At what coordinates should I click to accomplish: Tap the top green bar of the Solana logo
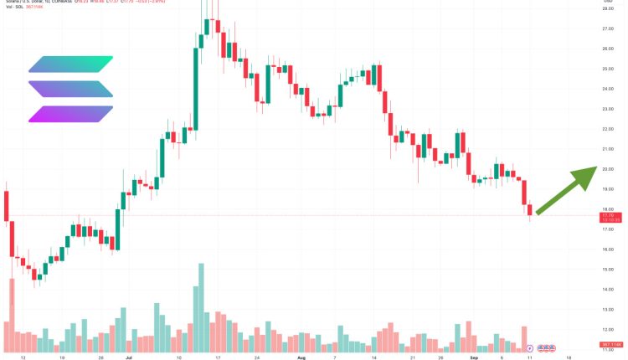(70, 64)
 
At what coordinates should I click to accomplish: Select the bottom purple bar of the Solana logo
(70, 115)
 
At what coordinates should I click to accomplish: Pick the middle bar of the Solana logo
(70, 90)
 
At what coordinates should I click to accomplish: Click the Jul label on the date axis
(127, 356)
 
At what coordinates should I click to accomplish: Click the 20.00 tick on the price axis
(608, 169)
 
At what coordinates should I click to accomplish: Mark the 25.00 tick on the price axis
(608, 69)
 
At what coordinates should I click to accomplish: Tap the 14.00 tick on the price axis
(608, 290)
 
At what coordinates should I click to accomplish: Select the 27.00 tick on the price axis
(608, 28)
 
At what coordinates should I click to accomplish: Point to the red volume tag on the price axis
(608, 344)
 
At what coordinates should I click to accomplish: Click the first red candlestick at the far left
(7, 206)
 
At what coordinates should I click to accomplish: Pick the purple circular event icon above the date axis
(529, 346)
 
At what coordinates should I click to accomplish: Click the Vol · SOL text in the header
(17, 9)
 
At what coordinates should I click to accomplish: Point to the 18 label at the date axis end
(569, 356)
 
